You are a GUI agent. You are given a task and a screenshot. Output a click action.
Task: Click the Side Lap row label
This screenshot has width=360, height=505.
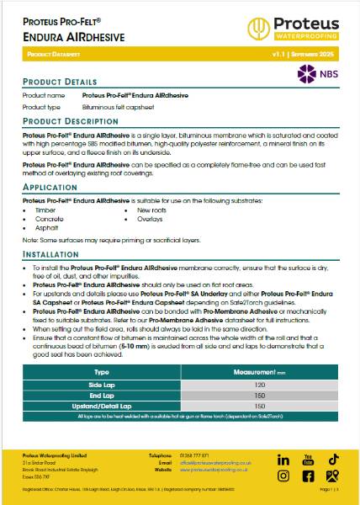click(x=102, y=384)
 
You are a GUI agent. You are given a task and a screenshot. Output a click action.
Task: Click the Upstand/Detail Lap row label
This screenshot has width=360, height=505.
click(x=102, y=406)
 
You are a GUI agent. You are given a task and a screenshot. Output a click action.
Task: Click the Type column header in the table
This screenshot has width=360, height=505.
click(x=102, y=371)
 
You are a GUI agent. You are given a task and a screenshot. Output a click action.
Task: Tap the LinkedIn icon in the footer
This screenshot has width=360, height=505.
click(x=283, y=460)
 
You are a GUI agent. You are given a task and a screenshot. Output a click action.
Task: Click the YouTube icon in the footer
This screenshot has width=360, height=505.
click(x=308, y=460)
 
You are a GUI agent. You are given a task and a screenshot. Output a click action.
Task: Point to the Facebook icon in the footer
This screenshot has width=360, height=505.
click(x=308, y=476)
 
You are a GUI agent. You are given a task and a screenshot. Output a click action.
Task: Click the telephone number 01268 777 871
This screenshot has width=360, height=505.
click(x=196, y=455)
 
